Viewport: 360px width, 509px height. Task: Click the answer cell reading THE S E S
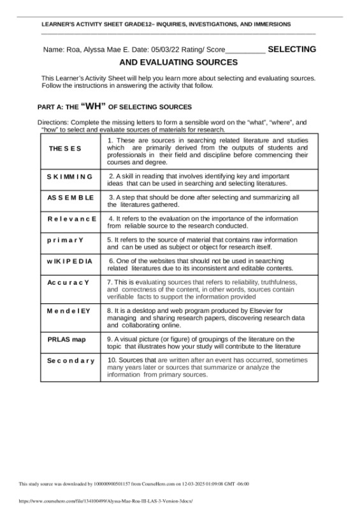(65, 148)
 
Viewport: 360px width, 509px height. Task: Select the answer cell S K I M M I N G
(70, 176)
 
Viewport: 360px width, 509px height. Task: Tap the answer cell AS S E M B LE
(70, 197)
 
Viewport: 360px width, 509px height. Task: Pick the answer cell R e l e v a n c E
(71, 219)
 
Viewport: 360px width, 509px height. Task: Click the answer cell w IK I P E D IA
(70, 261)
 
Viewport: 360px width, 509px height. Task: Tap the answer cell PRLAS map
(66, 340)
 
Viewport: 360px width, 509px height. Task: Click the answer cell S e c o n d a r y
(71, 361)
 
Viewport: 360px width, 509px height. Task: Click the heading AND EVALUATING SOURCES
(179, 62)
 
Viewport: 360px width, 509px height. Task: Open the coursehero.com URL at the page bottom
(97, 501)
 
